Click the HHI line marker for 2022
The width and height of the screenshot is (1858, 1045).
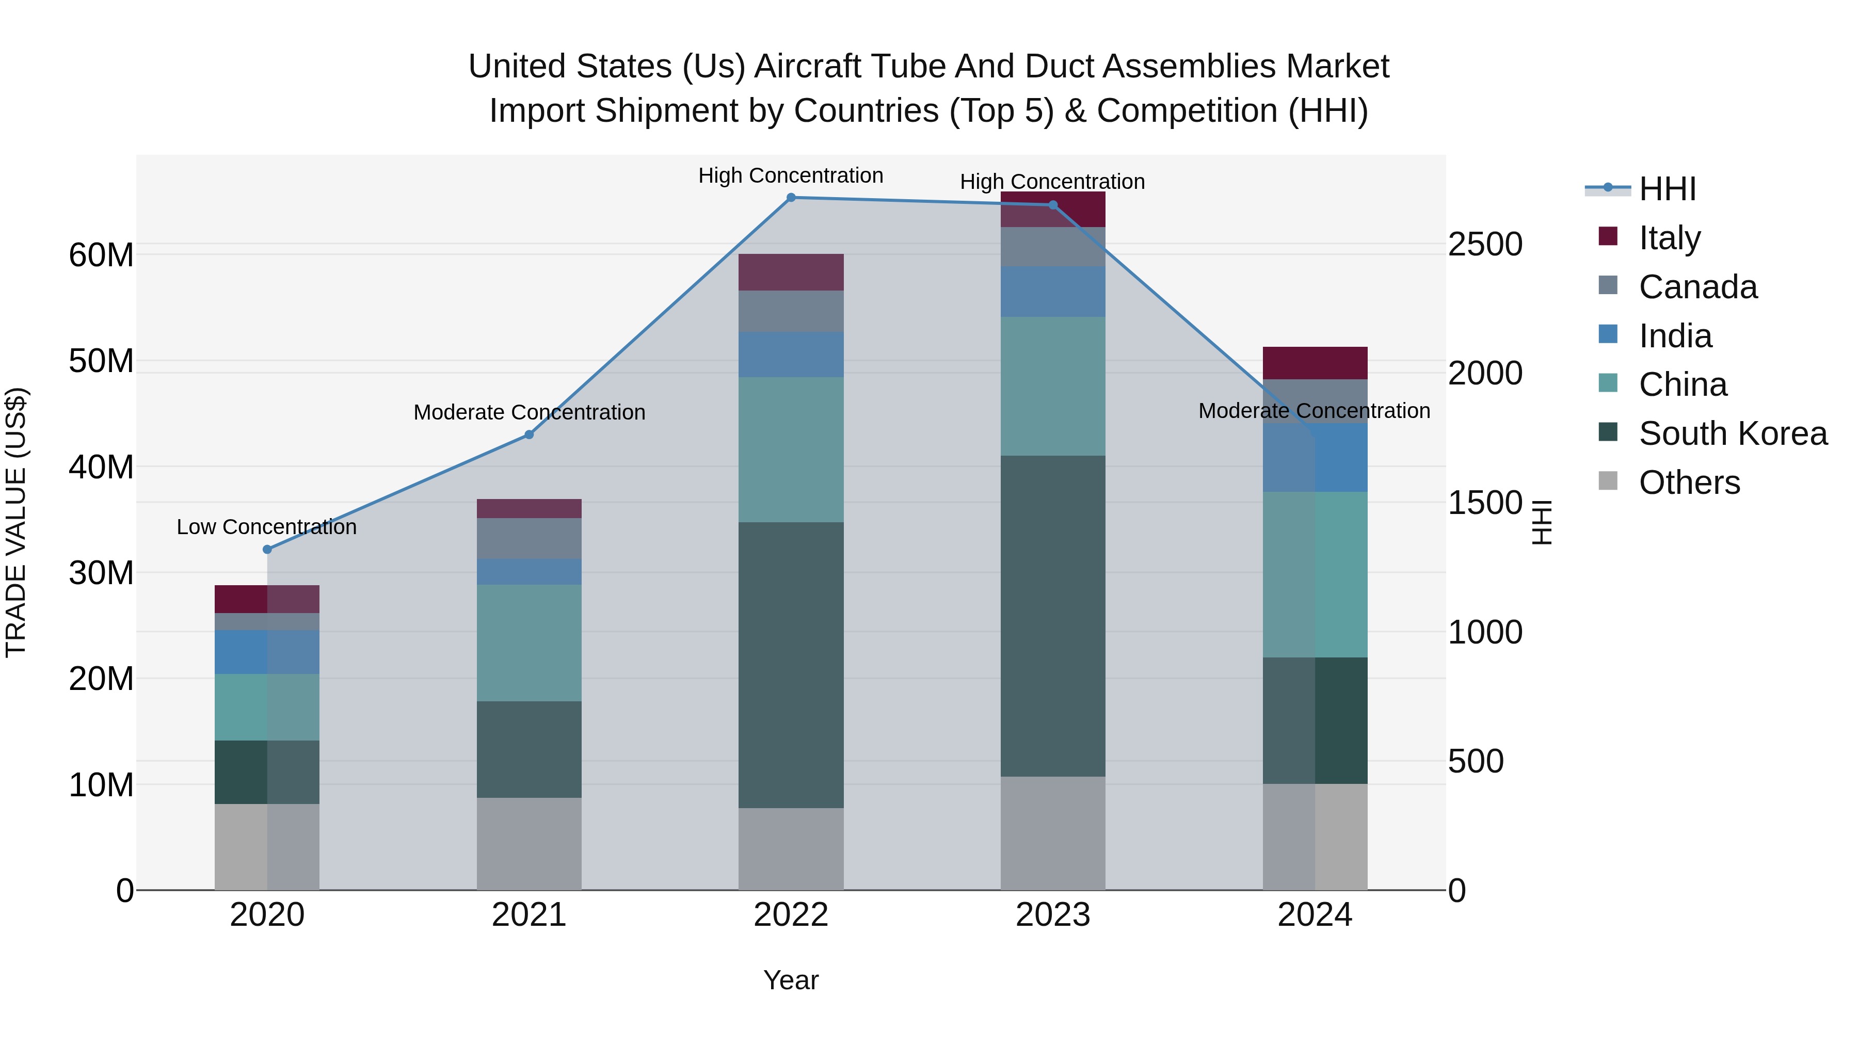click(791, 198)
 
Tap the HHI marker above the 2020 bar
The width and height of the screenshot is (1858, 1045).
click(267, 550)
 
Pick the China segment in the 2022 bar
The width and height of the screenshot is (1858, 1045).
click(791, 449)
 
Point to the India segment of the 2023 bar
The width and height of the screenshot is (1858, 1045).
click(1052, 292)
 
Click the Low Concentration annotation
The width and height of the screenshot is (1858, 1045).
click(266, 527)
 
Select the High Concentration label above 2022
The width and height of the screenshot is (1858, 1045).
click(791, 175)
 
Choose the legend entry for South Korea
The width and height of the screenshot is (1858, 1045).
click(1733, 433)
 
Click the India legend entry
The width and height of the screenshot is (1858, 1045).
click(1675, 336)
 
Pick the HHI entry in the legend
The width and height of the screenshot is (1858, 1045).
click(1667, 189)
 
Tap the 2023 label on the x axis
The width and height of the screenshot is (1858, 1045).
click(1052, 915)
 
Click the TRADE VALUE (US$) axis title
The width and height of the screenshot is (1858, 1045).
click(16, 522)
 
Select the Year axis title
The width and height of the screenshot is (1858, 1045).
click(791, 980)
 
